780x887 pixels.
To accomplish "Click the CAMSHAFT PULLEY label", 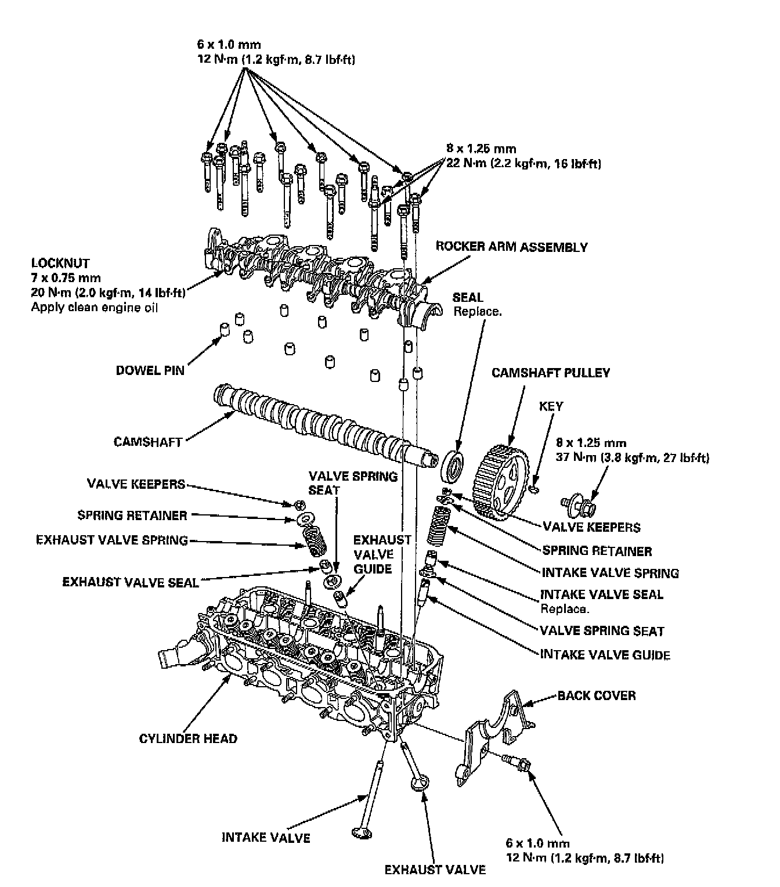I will point(551,372).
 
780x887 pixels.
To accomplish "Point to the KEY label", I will point(551,406).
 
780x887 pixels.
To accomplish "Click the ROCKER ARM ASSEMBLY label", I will point(511,247).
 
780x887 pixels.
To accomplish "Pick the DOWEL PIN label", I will point(150,370).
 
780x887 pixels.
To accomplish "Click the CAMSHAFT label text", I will point(148,442).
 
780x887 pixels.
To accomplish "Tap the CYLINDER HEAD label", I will point(188,738).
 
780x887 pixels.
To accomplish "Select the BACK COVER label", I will point(596,695).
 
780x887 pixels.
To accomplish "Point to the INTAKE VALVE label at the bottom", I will point(266,837).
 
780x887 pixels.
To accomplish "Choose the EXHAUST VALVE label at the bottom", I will point(435,869).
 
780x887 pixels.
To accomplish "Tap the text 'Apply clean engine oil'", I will point(94,307).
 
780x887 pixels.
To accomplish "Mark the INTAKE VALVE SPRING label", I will point(610,573).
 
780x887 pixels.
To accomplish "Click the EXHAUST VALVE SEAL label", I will point(131,582).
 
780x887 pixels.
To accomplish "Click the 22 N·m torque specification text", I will point(523,164).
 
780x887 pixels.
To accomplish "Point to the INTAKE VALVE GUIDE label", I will point(605,655).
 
